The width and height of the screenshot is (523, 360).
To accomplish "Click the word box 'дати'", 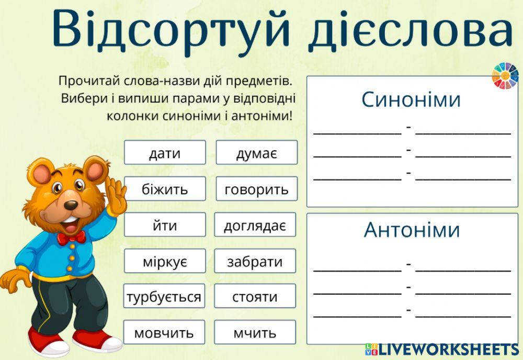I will point(165,153).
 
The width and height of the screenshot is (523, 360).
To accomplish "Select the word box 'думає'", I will point(256,153).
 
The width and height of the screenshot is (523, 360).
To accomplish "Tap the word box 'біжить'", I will point(165,189).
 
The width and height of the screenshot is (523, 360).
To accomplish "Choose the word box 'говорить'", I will point(256,189).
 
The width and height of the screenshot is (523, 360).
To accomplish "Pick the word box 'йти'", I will point(165,225).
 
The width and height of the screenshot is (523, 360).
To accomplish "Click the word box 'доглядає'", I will point(255,225).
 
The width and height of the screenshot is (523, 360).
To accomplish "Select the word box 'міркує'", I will point(165,261).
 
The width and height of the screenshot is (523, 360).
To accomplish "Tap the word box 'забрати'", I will point(255,261).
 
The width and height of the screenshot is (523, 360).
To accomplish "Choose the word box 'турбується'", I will point(164,297).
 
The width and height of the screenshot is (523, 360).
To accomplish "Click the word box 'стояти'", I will point(255,297).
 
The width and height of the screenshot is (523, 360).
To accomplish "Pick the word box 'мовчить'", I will point(164,332).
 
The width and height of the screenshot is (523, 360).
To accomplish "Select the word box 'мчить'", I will point(255,332).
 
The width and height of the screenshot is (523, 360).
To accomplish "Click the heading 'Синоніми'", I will point(411,99).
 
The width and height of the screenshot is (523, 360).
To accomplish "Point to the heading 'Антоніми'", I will point(412,230).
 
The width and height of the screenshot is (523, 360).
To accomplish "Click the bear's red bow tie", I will point(71,238).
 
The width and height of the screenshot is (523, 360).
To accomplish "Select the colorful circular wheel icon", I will point(505,75).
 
